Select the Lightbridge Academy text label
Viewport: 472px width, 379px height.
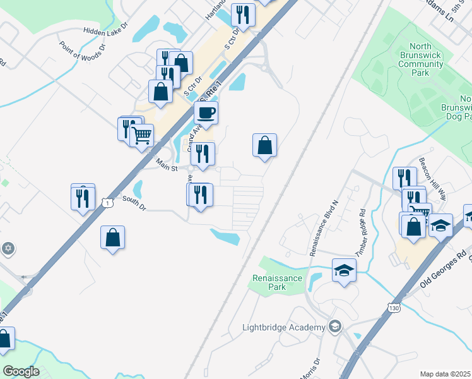coord(284,327)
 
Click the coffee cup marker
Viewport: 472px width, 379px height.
coord(206,114)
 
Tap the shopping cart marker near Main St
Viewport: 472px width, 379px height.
coord(142,135)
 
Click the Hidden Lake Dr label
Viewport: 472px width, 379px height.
coord(105,30)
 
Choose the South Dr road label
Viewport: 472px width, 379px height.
coord(134,203)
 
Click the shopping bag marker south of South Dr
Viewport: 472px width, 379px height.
coord(112,238)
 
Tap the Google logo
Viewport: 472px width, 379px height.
coord(21,371)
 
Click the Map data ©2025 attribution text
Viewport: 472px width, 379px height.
coord(445,374)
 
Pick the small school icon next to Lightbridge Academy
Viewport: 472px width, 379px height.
coord(335,327)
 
